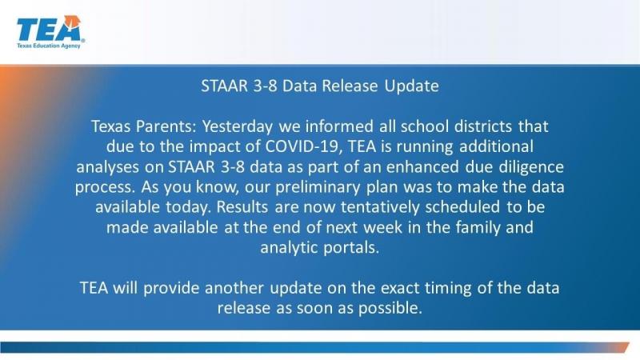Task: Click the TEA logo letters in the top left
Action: coord(48,30)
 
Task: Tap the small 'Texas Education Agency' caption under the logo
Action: coord(49,46)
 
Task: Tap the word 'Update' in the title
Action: coord(410,86)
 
